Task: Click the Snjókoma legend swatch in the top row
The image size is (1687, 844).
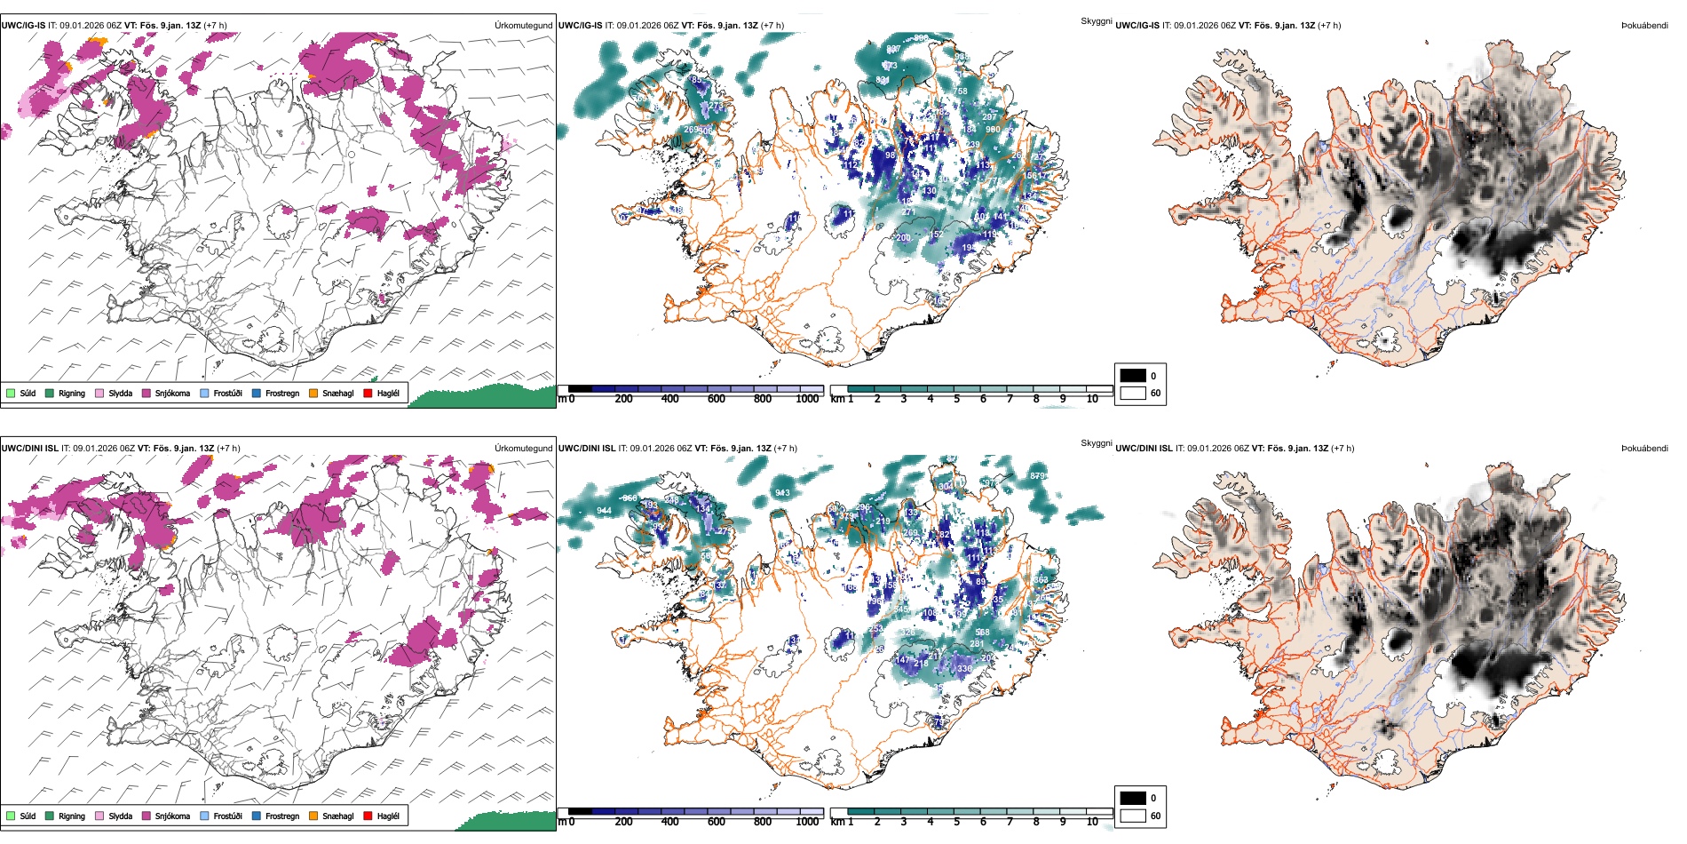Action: [147, 393]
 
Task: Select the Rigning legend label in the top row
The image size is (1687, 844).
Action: [72, 393]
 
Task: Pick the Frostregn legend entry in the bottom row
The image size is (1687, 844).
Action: [281, 816]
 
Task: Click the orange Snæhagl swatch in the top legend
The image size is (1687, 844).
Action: [313, 393]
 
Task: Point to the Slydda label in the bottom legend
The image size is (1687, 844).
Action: [120, 816]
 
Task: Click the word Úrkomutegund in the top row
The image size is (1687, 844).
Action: [523, 26]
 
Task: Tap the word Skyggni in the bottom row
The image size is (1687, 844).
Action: [1096, 443]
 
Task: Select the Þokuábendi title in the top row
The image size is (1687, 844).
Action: [1644, 26]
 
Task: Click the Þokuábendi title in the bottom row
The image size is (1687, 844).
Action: [1644, 449]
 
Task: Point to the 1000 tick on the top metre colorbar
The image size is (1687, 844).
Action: [807, 399]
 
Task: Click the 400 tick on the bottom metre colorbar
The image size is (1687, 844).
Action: [669, 822]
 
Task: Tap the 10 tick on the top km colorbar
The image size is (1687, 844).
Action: [1092, 399]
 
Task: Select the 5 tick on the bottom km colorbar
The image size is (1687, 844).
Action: [956, 822]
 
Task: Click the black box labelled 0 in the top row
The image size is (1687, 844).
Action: [1133, 376]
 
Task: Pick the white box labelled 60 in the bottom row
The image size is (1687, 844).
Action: [1133, 816]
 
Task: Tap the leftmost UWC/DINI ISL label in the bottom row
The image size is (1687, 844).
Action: [29, 449]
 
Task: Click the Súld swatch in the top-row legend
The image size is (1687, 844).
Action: [11, 393]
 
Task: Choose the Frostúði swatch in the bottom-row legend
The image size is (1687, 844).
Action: [205, 816]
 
